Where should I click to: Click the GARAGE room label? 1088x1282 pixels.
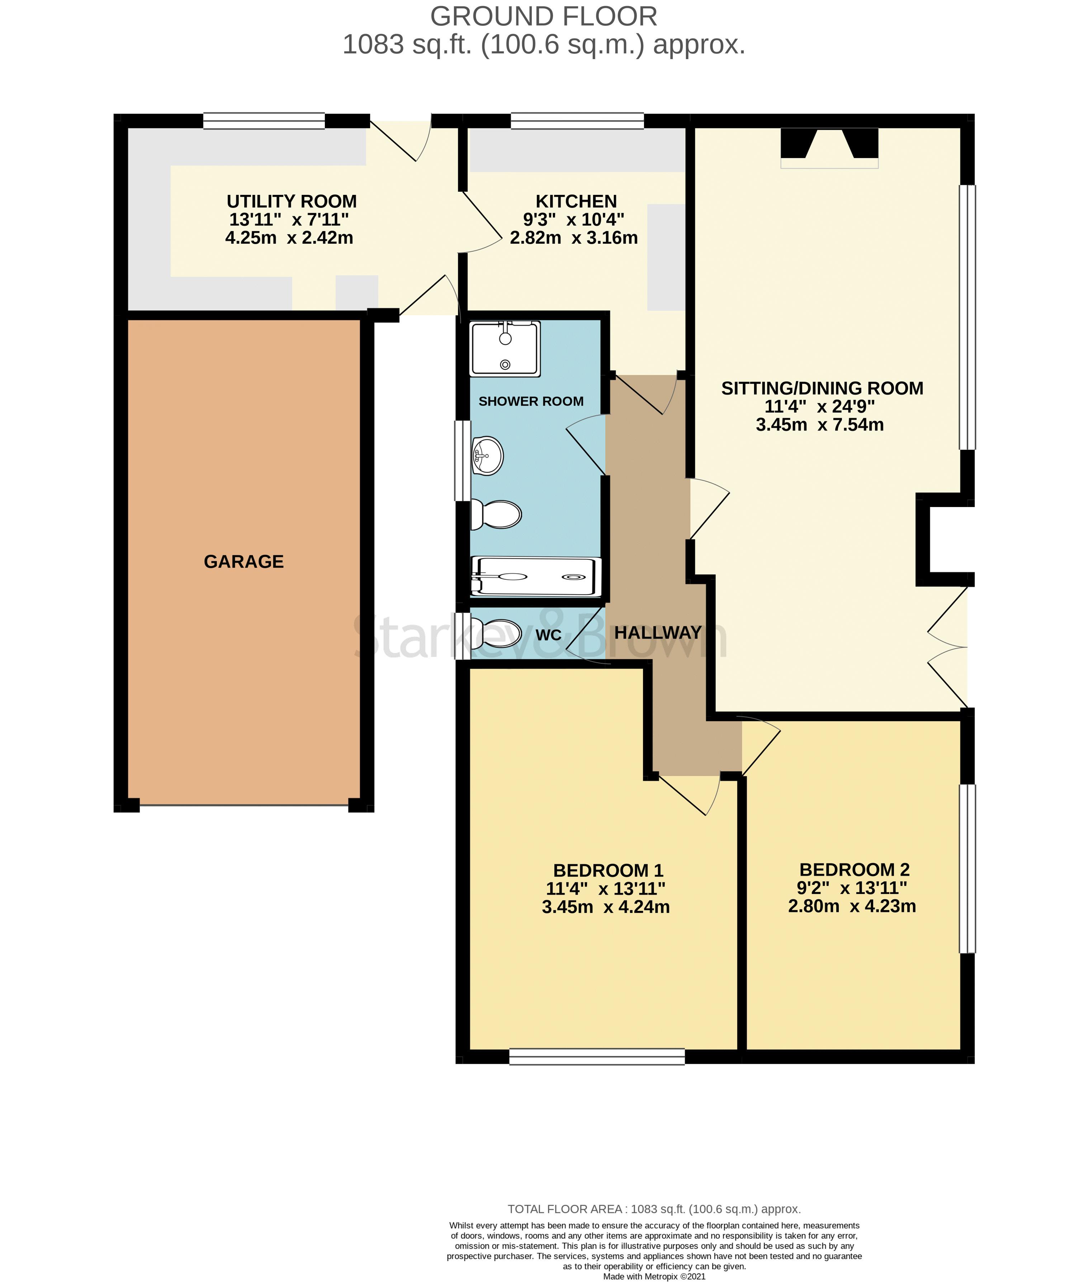(243, 561)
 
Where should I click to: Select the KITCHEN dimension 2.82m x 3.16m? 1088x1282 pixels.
(574, 238)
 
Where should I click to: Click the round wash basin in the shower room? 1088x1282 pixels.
(487, 456)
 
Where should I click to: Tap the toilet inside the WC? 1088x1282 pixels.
(497, 632)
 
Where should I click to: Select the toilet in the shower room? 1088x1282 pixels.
(497, 514)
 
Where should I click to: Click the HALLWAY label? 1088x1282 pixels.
(657, 632)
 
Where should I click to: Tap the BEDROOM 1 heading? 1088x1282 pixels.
(607, 870)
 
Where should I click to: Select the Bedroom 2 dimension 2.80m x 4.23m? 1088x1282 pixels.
(852, 906)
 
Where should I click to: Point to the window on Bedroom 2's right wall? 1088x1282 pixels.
(967, 869)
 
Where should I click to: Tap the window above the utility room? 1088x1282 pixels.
(264, 121)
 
